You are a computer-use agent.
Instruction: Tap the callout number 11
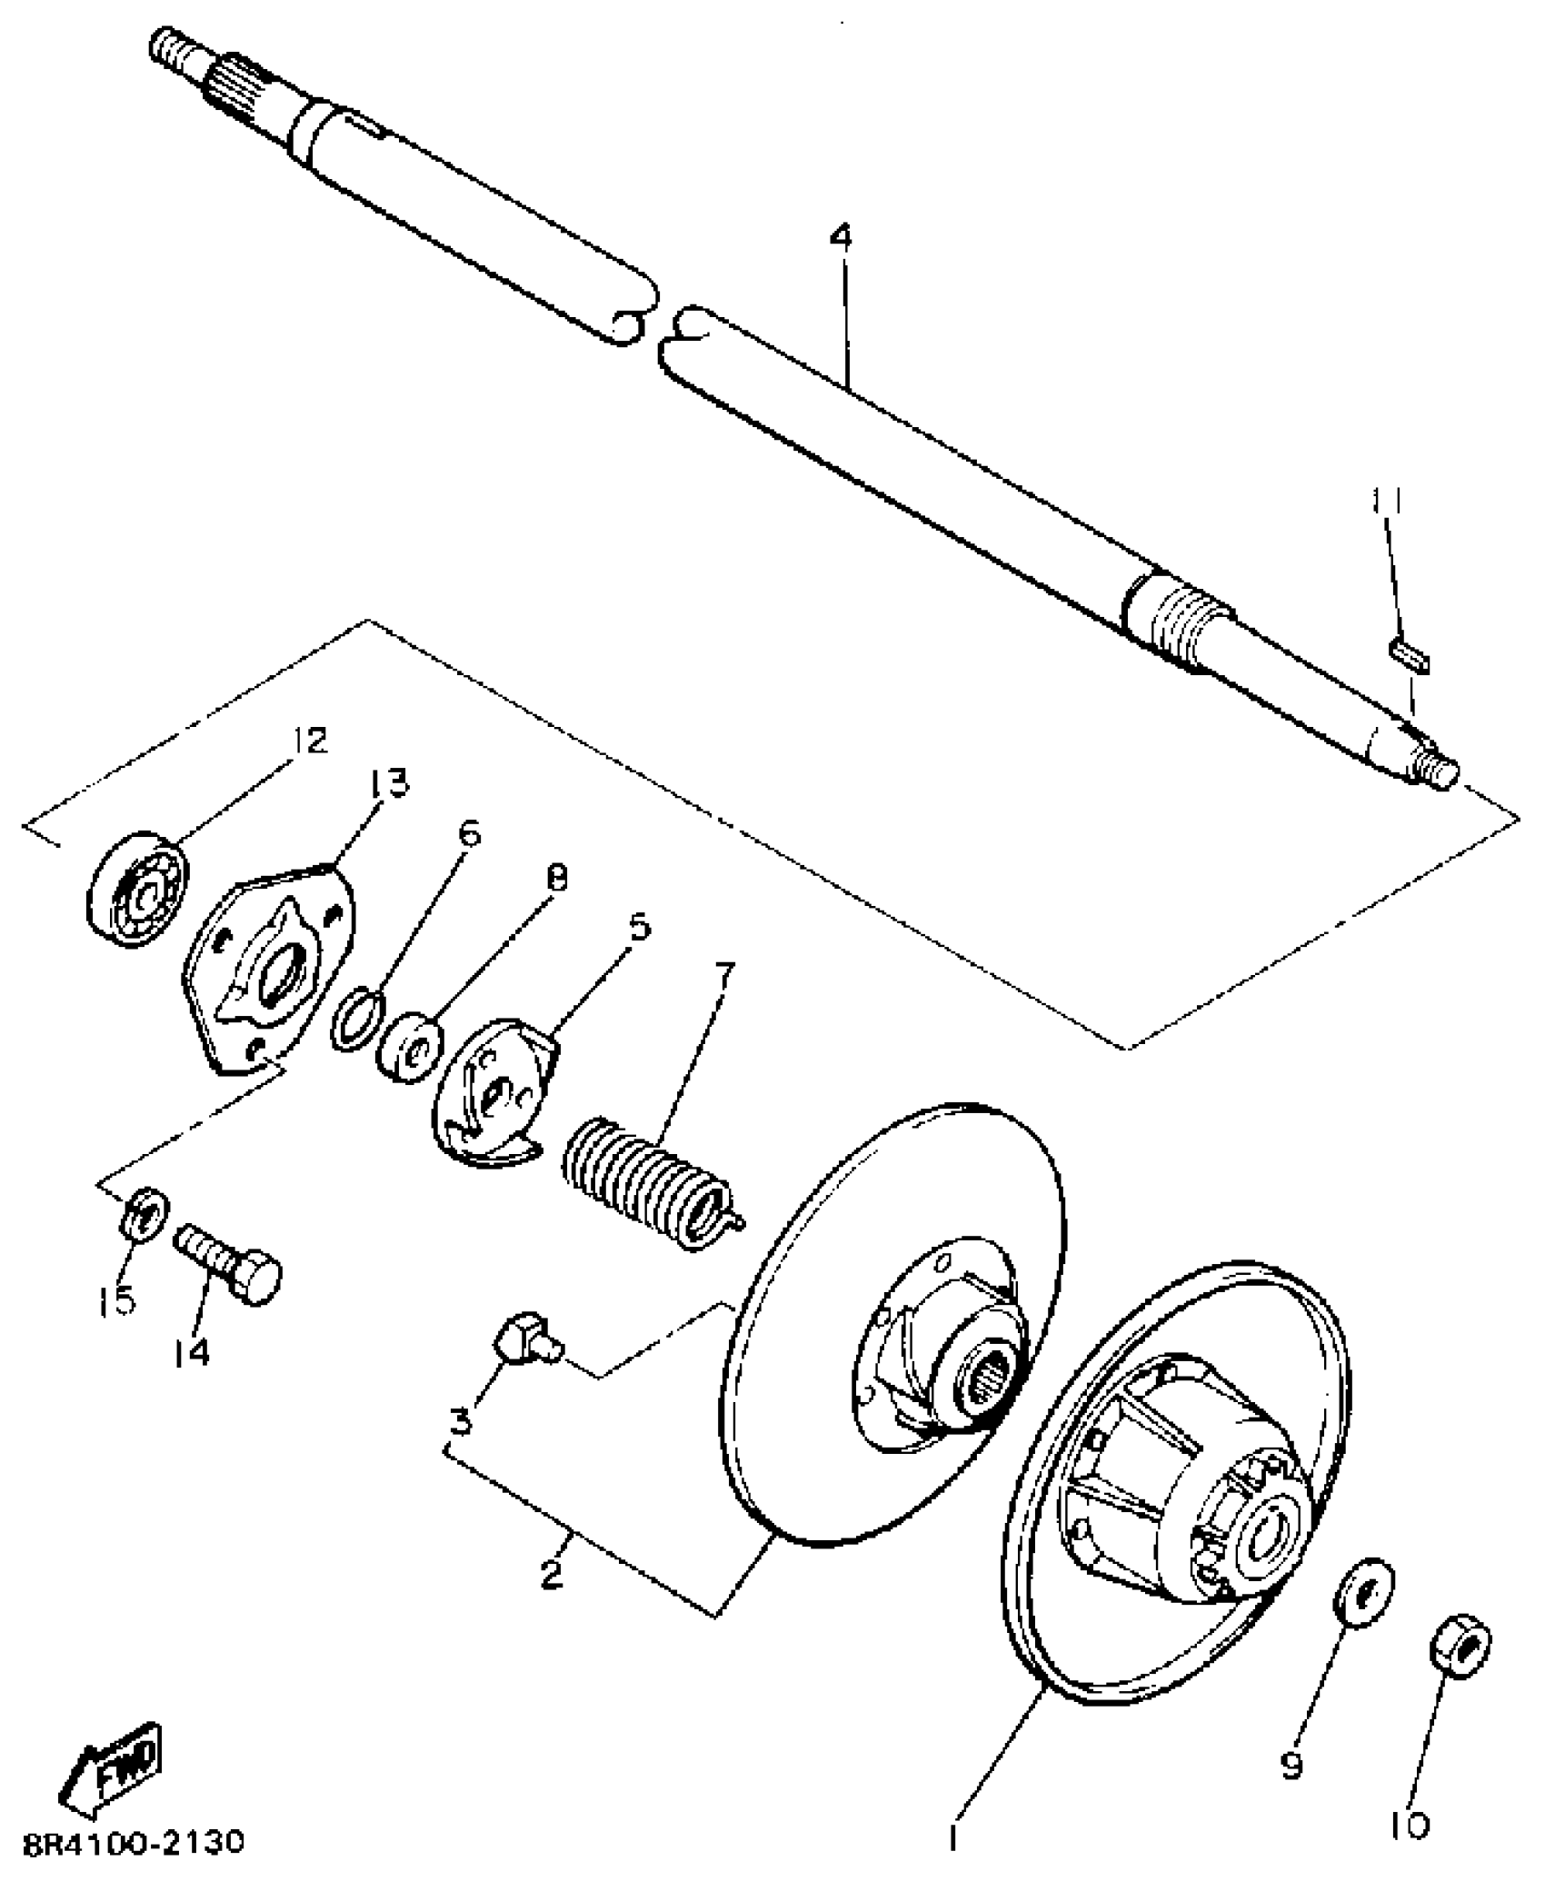[1387, 501]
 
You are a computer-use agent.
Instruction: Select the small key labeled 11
[1409, 657]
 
